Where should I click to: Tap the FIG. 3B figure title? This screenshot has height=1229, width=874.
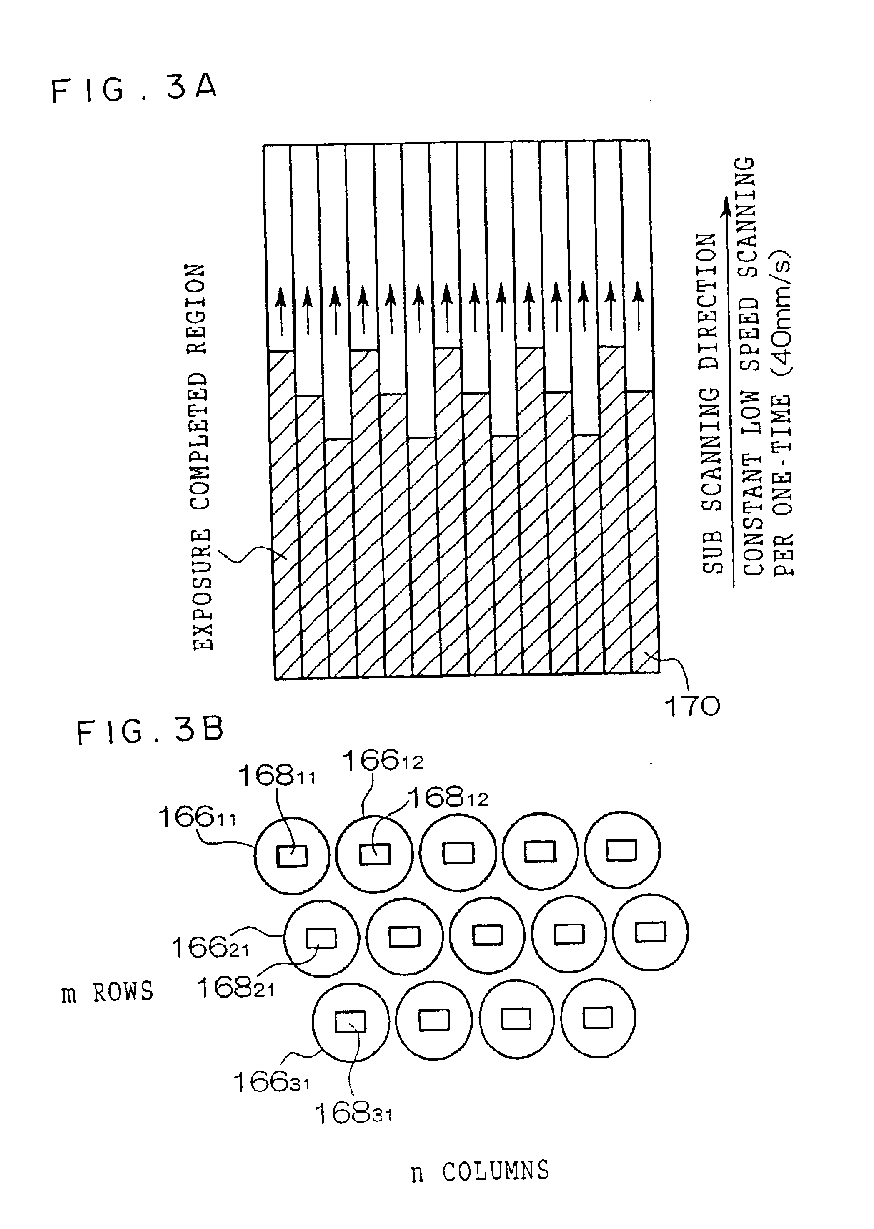tap(150, 732)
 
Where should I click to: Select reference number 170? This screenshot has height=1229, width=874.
tap(693, 706)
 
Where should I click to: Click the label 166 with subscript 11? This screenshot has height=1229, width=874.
tap(196, 817)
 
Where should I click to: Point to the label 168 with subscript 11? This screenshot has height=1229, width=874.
tap(277, 776)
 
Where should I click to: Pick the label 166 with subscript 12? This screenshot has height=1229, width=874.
tap(383, 761)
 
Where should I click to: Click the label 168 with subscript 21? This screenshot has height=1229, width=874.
tap(235, 988)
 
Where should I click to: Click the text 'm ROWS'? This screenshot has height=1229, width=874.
tap(108, 992)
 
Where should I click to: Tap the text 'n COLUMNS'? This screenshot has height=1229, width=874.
tap(480, 1171)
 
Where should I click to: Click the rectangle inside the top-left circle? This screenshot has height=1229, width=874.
tap(292, 856)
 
